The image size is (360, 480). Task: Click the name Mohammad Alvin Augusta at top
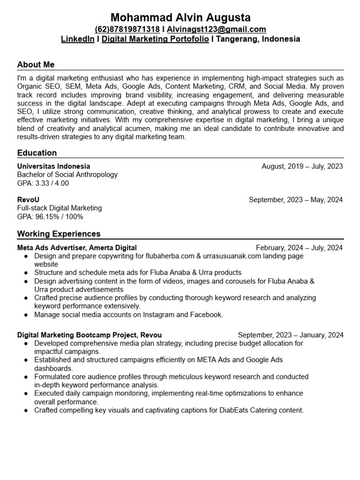point(180,18)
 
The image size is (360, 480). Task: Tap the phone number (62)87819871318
point(127,30)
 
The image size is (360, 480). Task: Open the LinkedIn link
point(77,39)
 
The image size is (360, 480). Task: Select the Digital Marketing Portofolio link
point(155,39)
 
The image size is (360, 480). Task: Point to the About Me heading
point(36,65)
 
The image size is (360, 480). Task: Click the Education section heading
point(37,153)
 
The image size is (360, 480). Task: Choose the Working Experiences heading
point(59,233)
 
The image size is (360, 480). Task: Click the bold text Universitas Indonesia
point(53,166)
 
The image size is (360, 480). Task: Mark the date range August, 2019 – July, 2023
point(302,166)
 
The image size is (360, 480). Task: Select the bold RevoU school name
point(28,200)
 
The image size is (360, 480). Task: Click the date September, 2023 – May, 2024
point(296,200)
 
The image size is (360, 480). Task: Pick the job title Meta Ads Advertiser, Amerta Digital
point(77,247)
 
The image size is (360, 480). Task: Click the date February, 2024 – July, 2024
point(299,247)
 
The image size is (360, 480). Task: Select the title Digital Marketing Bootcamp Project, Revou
point(89,335)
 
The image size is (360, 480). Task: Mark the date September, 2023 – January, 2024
point(291,335)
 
